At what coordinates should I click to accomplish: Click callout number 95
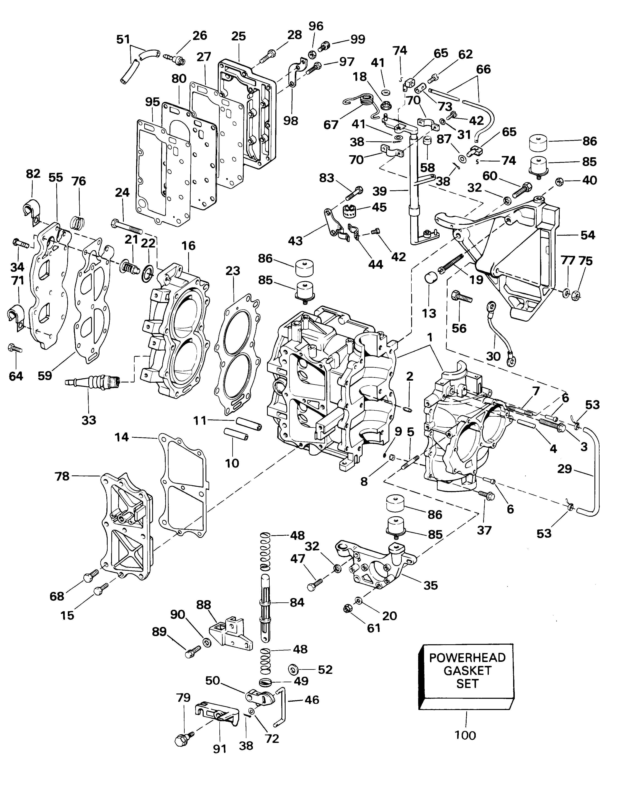(152, 102)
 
